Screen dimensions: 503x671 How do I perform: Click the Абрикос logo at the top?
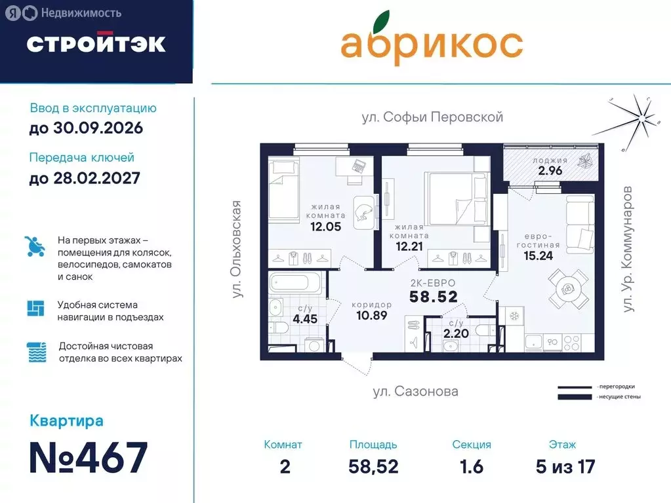[x=431, y=43]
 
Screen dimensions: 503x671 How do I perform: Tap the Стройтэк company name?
[x=96, y=43]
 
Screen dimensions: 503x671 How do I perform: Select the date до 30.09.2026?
[x=86, y=128]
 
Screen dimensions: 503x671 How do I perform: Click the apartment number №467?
[x=89, y=458]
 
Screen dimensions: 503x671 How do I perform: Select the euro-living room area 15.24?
[x=538, y=255]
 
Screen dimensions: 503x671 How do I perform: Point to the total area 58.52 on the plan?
[x=432, y=297]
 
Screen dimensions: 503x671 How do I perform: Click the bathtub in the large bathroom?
[x=296, y=284]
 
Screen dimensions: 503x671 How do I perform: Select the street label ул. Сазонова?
[x=415, y=392]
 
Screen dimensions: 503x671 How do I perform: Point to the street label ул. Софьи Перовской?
[x=432, y=117]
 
